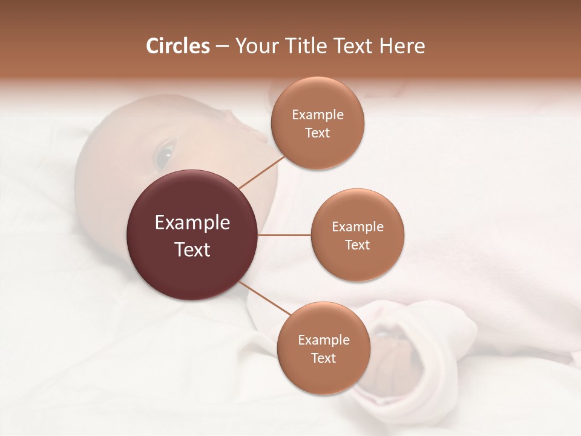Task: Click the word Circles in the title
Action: tap(178, 46)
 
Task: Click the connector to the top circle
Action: tap(261, 172)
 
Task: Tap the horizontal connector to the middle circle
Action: tap(284, 235)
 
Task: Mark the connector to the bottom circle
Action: tap(264, 299)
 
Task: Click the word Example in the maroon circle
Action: tap(192, 223)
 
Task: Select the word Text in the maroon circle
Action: tap(192, 249)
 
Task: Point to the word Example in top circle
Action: tap(318, 115)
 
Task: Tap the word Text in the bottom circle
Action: tap(323, 358)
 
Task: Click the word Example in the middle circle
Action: tap(358, 227)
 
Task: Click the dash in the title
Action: tap(222, 46)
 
